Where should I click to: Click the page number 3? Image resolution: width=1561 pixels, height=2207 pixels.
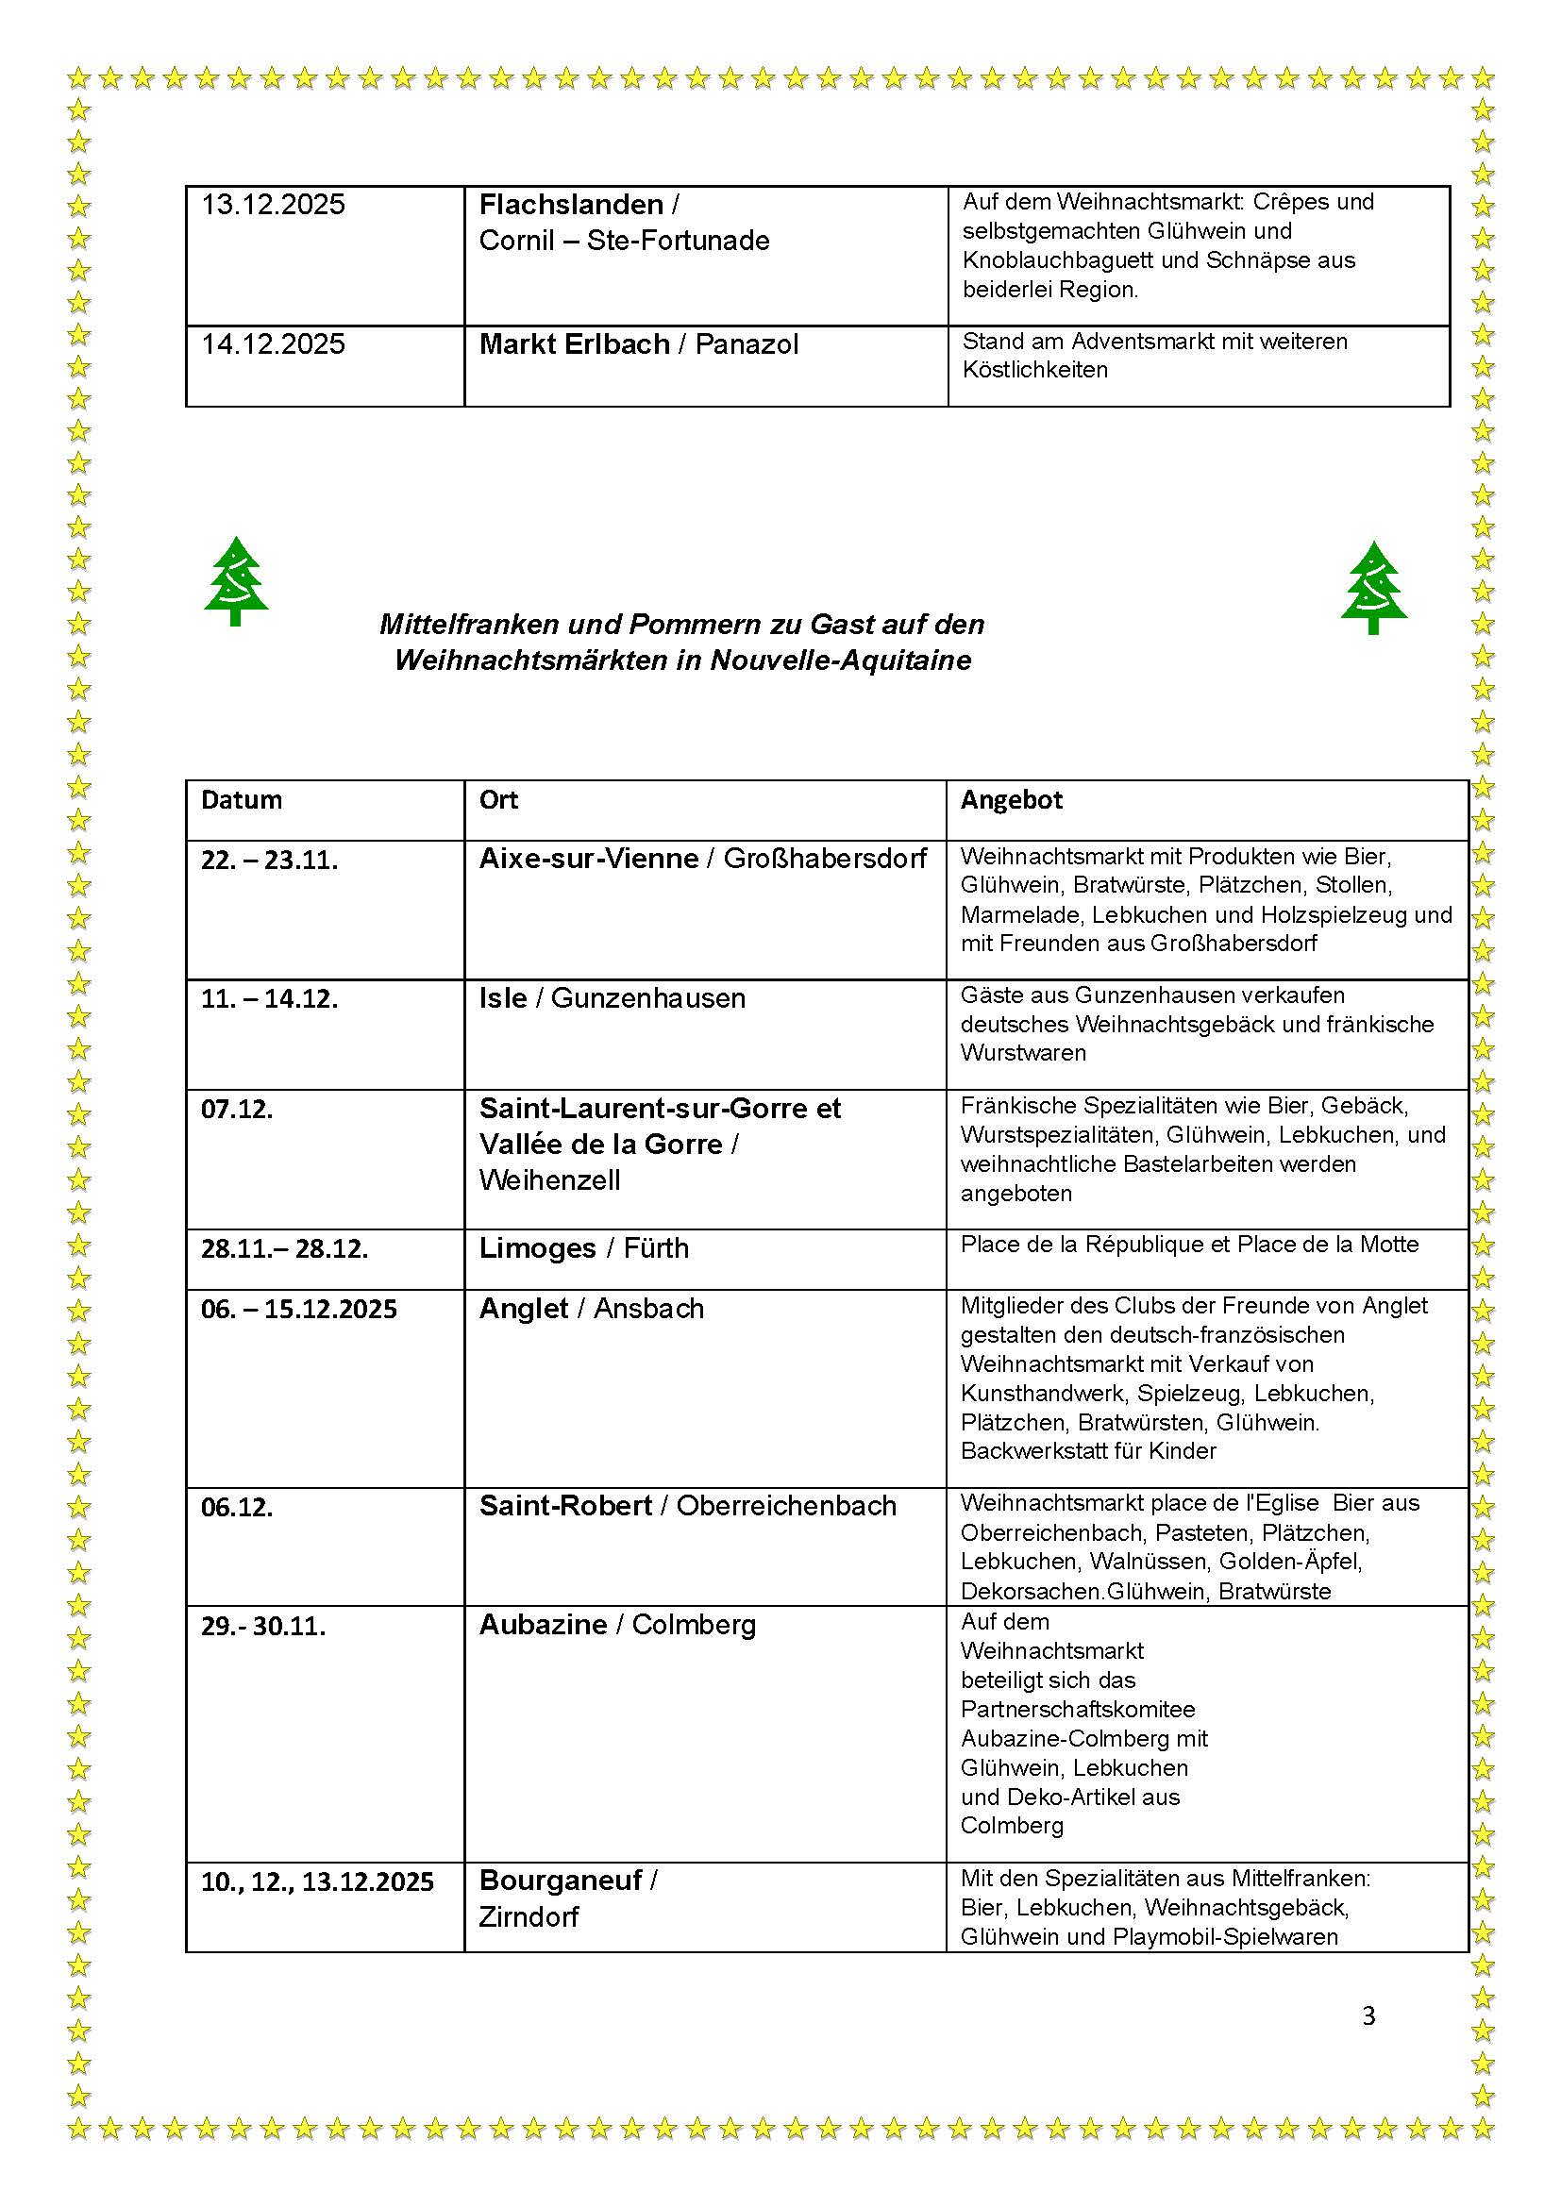tap(1368, 2015)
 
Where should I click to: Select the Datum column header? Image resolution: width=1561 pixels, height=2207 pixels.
tap(242, 800)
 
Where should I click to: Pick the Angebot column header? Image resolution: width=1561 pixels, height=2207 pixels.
tap(1011, 800)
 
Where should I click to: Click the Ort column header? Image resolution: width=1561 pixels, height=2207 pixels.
tap(498, 800)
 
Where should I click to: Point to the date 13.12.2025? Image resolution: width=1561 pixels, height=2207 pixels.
tap(273, 205)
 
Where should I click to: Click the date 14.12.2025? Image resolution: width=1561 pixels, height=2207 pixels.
tap(273, 344)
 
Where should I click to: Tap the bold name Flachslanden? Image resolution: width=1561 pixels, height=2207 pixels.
tap(571, 205)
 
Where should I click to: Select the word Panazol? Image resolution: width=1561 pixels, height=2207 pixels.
tap(746, 344)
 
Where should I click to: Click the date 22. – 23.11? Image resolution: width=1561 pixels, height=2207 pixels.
tap(269, 860)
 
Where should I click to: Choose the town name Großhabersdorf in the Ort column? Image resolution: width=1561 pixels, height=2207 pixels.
tap(825, 859)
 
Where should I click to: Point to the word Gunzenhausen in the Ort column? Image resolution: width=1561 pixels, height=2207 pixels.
tap(647, 997)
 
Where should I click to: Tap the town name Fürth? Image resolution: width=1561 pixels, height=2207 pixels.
tap(656, 1247)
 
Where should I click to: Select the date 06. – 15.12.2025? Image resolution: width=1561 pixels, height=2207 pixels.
tap(298, 1310)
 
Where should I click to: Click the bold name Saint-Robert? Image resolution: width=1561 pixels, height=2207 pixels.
tap(565, 1505)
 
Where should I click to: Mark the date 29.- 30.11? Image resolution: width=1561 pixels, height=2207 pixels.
tap(263, 1627)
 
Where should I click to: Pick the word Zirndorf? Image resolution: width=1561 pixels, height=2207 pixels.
tap(529, 1916)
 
